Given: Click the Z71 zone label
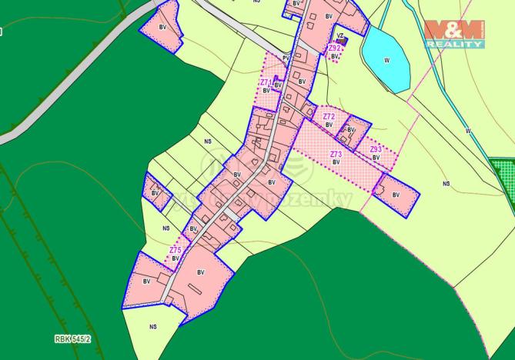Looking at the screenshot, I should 265,82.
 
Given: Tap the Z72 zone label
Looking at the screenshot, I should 329,116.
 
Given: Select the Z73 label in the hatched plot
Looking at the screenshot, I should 336,155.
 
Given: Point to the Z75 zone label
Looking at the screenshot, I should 176,250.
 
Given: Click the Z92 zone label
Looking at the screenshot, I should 334,48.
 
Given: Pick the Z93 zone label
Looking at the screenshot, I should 376,149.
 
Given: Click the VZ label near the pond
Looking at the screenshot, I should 339,35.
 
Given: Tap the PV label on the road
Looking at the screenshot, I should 286,57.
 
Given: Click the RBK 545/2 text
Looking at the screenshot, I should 72,338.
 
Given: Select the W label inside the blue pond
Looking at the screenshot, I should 386,59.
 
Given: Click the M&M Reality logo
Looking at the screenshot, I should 454,34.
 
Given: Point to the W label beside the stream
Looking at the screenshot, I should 467,131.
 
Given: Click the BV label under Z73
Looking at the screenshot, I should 336,162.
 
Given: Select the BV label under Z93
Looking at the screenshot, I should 376,157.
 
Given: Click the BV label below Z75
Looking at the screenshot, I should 176,258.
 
